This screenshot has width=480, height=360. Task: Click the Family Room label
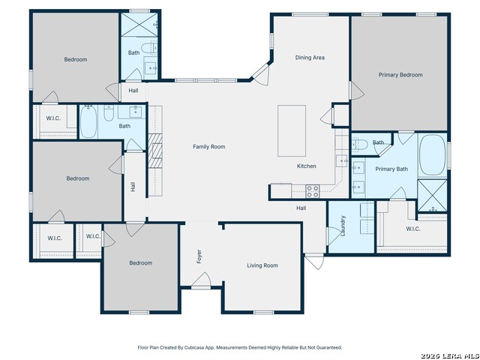pyautogui.click(x=209, y=147)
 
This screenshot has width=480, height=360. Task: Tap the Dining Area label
pyautogui.click(x=310, y=58)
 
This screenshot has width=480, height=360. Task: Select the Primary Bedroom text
pyautogui.click(x=400, y=75)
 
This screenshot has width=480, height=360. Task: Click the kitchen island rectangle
pyautogui.click(x=292, y=130)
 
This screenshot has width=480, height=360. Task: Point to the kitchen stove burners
pyautogui.click(x=313, y=191)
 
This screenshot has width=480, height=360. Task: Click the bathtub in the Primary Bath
pyautogui.click(x=432, y=155)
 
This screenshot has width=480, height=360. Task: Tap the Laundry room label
pyautogui.click(x=343, y=226)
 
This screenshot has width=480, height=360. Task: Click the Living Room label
pyautogui.click(x=262, y=265)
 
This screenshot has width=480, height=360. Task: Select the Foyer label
pyautogui.click(x=199, y=256)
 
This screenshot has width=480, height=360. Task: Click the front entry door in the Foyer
pyautogui.click(x=201, y=280)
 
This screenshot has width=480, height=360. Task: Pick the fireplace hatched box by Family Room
pyautogui.click(x=155, y=151)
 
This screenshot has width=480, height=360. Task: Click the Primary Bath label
pyautogui.click(x=391, y=169)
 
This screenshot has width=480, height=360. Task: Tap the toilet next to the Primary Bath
pyautogui.click(x=359, y=144)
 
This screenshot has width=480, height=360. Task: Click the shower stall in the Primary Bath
pyautogui.click(x=432, y=196)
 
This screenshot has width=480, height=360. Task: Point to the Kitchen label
pyautogui.click(x=307, y=166)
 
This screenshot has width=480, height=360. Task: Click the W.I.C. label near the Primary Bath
pyautogui.click(x=413, y=229)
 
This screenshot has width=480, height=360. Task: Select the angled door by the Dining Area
pyautogui.click(x=260, y=74)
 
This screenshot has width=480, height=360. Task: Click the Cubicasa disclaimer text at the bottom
pyautogui.click(x=240, y=347)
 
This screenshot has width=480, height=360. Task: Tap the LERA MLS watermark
pyautogui.click(x=450, y=355)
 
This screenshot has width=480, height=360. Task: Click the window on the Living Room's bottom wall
pyautogui.click(x=263, y=312)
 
